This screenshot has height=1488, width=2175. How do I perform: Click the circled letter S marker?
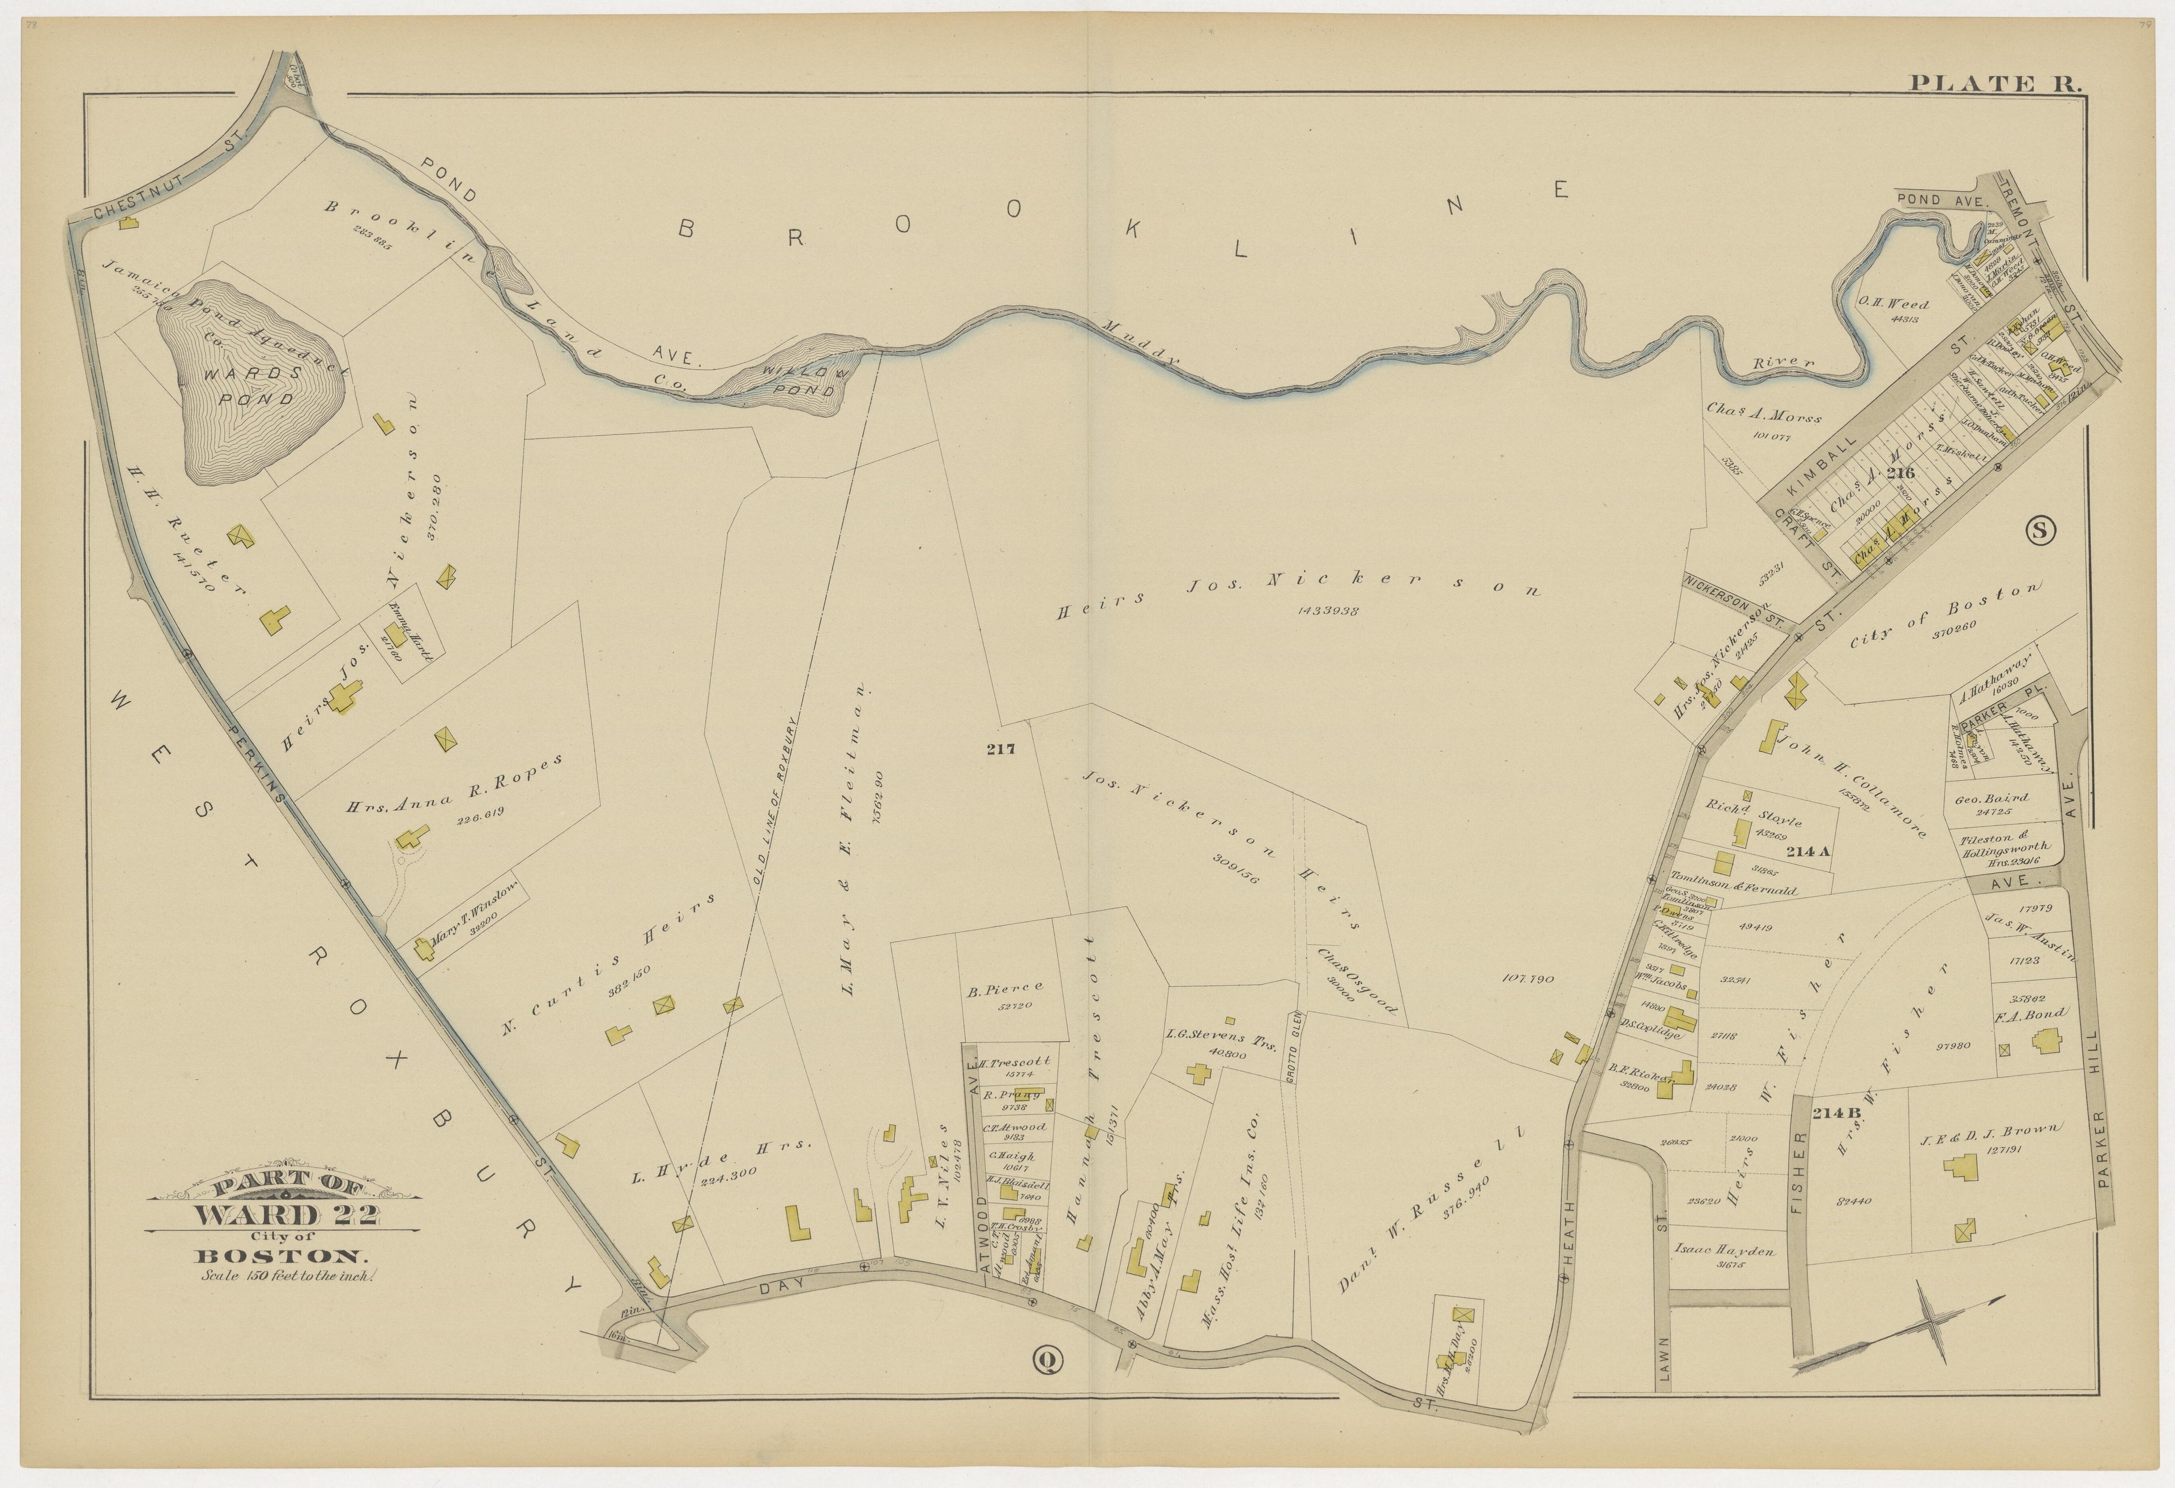tap(2040, 531)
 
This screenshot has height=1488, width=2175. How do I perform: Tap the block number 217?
tap(1000, 749)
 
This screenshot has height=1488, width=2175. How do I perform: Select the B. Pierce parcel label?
tap(1004, 986)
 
